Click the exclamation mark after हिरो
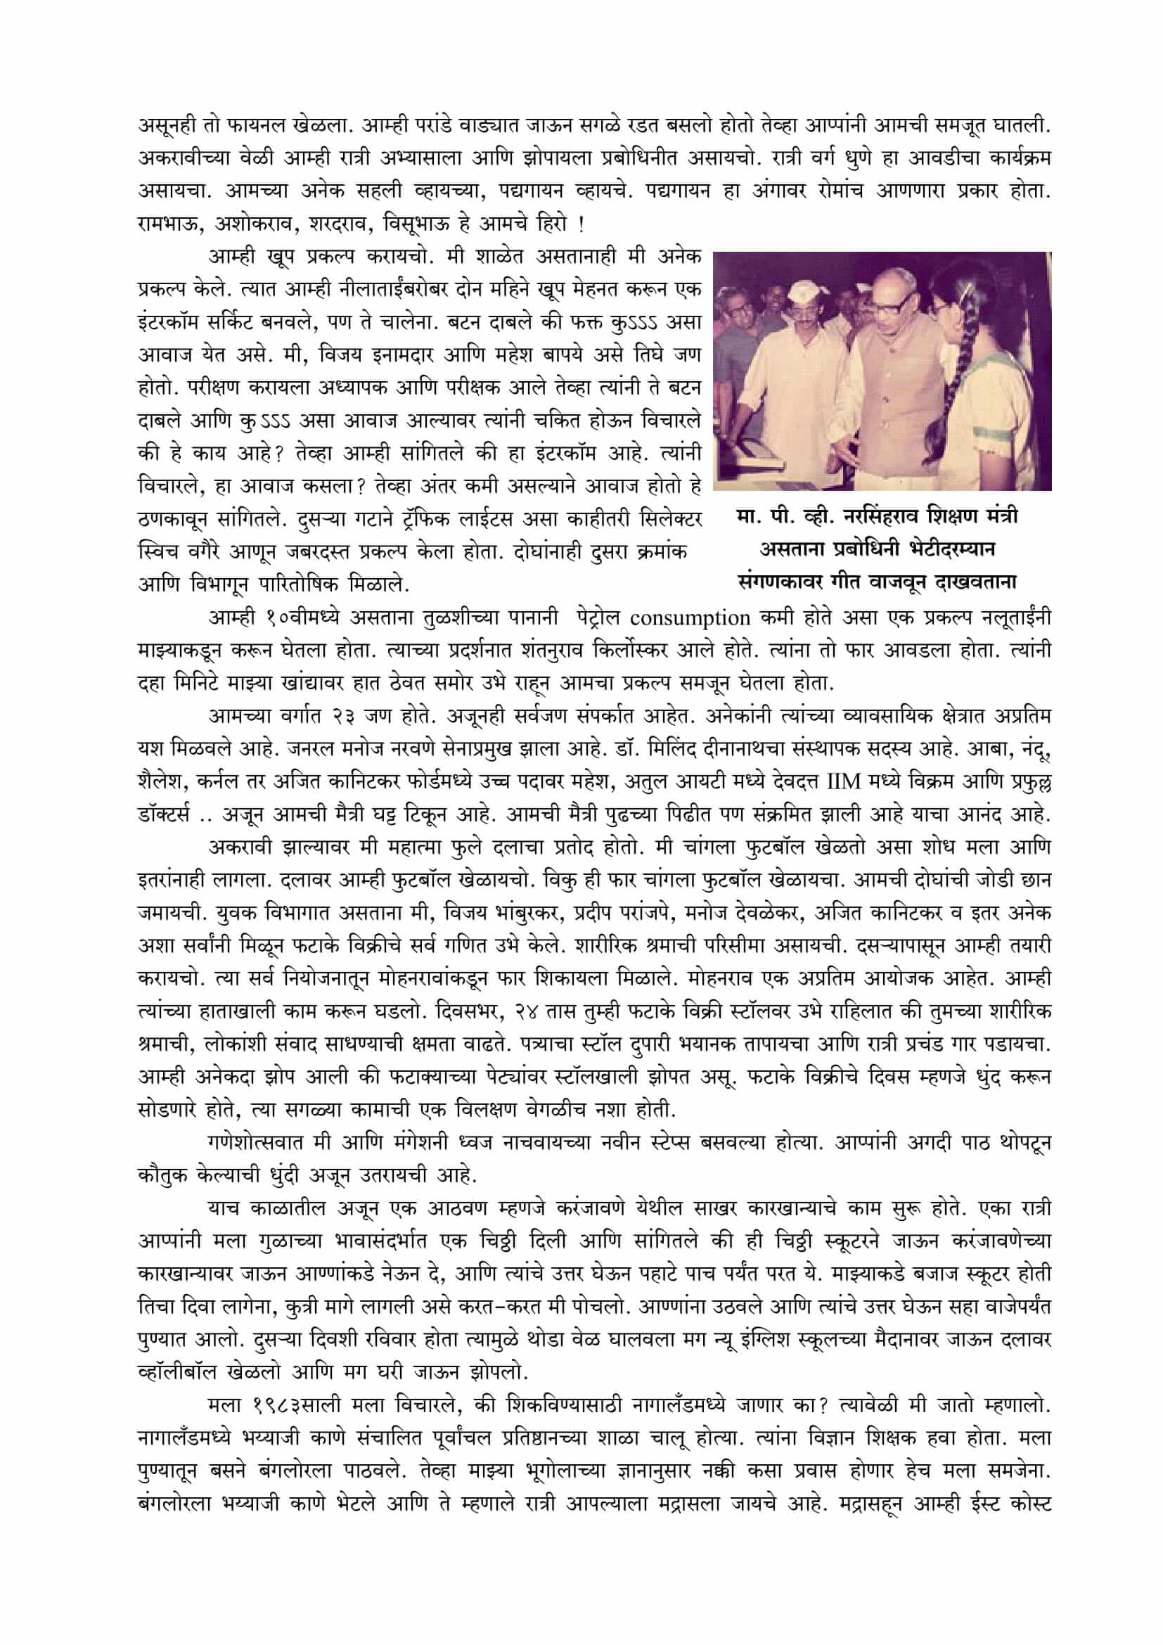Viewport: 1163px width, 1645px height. coord(581,225)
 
